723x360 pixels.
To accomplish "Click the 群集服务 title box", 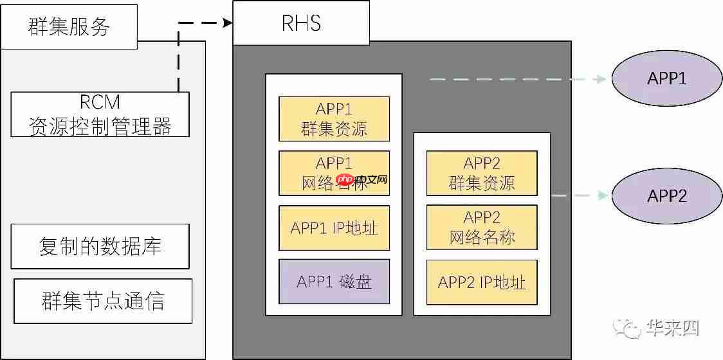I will (x=69, y=26).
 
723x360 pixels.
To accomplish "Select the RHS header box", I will (x=301, y=23).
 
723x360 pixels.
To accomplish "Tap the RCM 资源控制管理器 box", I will (x=100, y=114).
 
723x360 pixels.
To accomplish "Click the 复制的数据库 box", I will (x=100, y=246).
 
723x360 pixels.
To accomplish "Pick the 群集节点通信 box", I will (x=103, y=301).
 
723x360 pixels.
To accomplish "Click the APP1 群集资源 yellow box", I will (x=334, y=119).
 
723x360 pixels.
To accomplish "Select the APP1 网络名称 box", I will (x=334, y=173).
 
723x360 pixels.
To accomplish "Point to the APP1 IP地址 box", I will (x=334, y=228).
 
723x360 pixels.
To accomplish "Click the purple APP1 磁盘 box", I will (x=334, y=282).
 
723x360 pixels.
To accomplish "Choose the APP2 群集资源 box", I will (x=482, y=174).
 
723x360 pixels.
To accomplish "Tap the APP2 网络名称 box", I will (x=482, y=228).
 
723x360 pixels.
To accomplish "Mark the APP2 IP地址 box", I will (x=482, y=282).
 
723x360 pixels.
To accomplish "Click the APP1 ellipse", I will (x=667, y=79).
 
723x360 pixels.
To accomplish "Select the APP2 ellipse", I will (x=667, y=195).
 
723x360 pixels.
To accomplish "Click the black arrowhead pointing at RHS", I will (x=227, y=23).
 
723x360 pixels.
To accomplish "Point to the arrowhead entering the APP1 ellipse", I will (x=602, y=79).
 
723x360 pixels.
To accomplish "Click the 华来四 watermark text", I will (x=673, y=328).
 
